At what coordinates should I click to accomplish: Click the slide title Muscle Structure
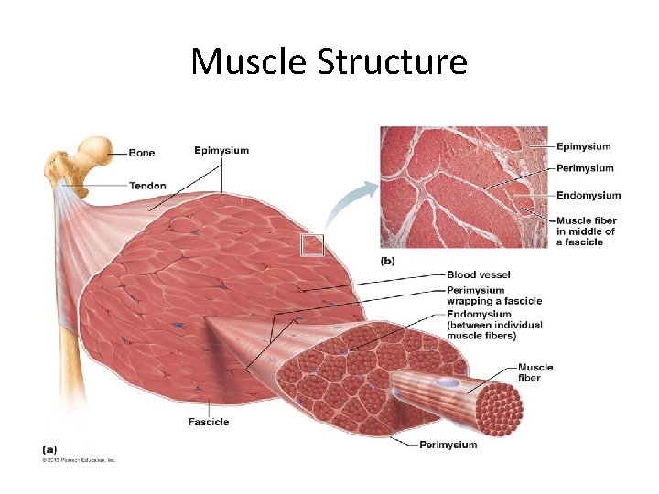click(x=329, y=61)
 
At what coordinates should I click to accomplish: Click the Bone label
click(x=142, y=153)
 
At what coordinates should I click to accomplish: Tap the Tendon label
click(x=147, y=186)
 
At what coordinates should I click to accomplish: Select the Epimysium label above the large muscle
click(x=221, y=150)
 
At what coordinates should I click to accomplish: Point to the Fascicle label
click(x=209, y=422)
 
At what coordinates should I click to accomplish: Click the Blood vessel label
click(x=478, y=274)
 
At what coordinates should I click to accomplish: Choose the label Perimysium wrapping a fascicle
click(x=493, y=295)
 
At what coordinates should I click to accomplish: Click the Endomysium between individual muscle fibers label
click(x=493, y=324)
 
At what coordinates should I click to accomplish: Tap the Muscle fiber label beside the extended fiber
click(x=535, y=372)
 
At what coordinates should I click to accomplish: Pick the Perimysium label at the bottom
click(x=448, y=445)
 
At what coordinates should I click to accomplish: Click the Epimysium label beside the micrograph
click(x=583, y=146)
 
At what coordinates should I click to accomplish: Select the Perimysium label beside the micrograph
click(x=585, y=168)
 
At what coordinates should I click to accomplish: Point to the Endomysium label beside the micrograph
click(x=588, y=195)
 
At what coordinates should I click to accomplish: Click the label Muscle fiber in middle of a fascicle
click(x=586, y=231)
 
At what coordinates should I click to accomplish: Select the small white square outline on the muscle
click(x=312, y=244)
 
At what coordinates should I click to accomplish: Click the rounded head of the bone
click(x=94, y=148)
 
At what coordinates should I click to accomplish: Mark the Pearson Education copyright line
click(x=78, y=460)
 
